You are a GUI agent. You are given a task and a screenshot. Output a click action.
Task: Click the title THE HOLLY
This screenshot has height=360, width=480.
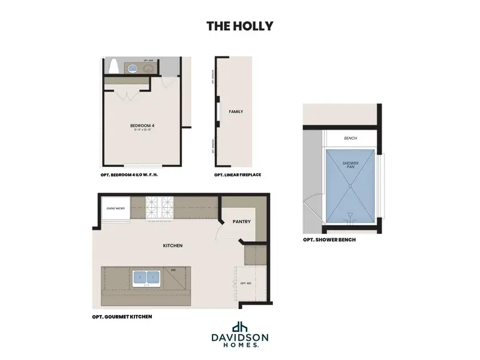click(239, 26)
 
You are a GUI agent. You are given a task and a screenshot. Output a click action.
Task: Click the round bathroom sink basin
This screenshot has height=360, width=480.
click(132, 68)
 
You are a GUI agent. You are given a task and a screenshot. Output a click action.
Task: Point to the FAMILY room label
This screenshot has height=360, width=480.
click(236, 112)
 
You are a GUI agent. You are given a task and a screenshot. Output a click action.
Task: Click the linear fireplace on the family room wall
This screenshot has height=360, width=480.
click(218, 113)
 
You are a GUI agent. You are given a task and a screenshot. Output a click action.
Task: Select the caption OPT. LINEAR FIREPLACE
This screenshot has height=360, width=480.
click(237, 175)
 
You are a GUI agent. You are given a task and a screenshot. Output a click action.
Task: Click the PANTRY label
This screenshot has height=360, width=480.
click(242, 221)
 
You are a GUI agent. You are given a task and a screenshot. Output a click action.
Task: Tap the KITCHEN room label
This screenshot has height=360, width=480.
click(173, 245)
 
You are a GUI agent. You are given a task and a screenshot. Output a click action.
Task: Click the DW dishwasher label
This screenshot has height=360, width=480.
click(173, 270)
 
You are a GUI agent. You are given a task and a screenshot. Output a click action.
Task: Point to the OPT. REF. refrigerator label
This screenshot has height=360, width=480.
click(245, 283)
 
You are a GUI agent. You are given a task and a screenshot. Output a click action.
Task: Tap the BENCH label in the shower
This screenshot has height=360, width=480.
click(350, 139)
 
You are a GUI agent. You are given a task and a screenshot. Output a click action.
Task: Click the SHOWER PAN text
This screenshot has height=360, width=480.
click(350, 165)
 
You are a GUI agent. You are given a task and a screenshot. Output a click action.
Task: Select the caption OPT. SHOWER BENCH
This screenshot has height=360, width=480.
click(329, 239)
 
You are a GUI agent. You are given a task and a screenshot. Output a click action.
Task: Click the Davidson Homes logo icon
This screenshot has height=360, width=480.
click(239, 328)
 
